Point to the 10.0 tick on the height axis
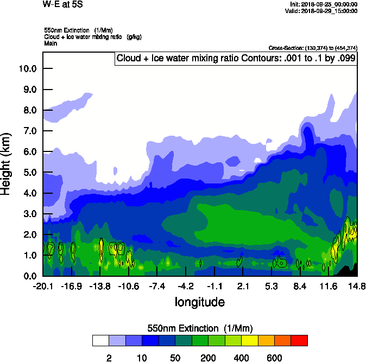coord(27,68)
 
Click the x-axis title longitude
coord(199,302)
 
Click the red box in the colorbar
coord(299,340)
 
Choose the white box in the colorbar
coord(100,340)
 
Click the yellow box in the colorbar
coord(249,340)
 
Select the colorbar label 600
coord(274,358)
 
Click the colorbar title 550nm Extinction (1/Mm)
coord(200,328)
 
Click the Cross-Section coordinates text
coord(313,48)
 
